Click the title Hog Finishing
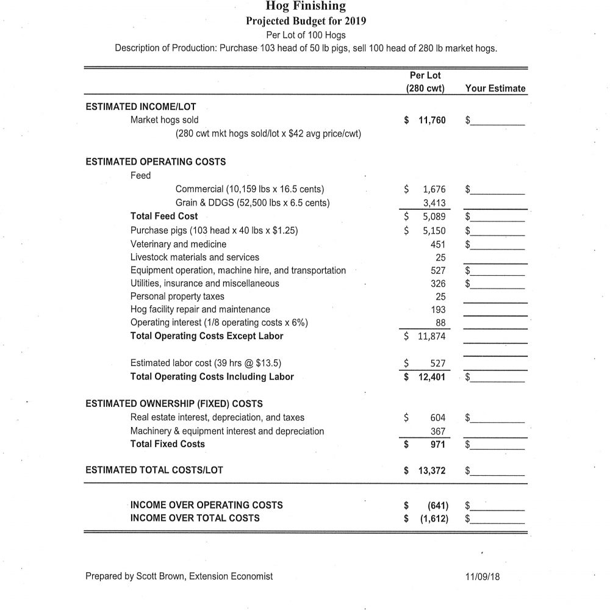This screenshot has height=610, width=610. pos(306,7)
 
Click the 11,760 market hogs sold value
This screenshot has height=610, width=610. pos(432,120)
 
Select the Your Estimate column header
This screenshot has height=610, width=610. pos(495,88)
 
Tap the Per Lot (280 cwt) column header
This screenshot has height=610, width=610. pos(425,82)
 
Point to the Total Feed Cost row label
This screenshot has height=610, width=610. pos(164,217)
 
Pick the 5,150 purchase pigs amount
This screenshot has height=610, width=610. pos(434,231)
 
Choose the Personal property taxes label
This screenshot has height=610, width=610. pos(178,296)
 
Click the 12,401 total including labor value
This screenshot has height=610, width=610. pos(432,377)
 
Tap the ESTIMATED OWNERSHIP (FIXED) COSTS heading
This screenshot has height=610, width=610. pos(174,403)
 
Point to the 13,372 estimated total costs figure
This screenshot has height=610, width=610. pos(432,470)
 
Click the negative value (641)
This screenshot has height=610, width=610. pos(436,505)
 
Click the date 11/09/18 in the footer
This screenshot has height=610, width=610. pos(482,576)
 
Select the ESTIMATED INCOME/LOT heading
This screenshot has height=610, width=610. pos(141,106)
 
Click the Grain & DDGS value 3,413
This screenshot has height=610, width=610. pos(434,204)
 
